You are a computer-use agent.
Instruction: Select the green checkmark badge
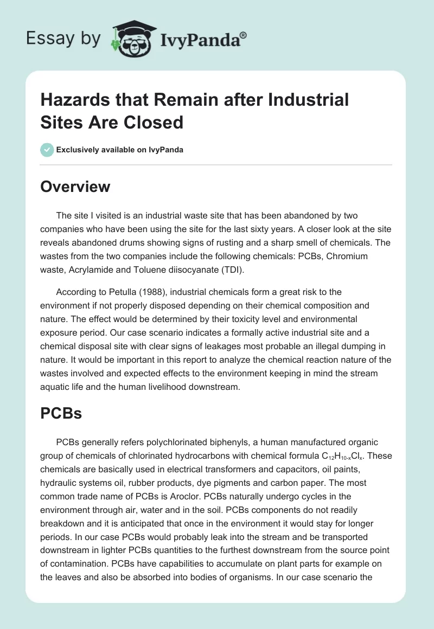47,150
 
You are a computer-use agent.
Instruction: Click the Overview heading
75,187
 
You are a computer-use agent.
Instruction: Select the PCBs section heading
61,414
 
